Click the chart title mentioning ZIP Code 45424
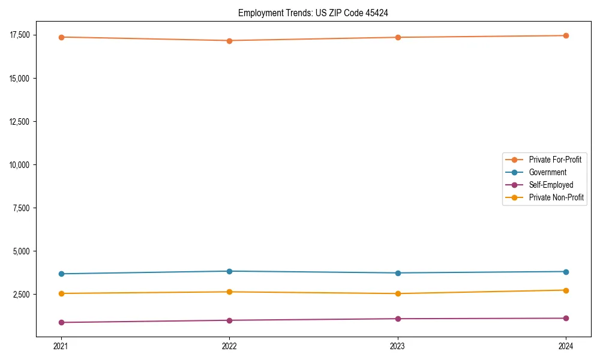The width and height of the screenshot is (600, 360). [x=313, y=13]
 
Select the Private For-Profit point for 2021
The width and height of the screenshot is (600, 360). [x=61, y=37]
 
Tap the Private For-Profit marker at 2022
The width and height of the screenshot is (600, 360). [x=229, y=41]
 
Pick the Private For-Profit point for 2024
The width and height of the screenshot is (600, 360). [x=566, y=35]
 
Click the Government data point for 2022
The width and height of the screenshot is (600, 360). [x=229, y=271]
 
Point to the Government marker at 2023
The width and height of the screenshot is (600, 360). [x=398, y=273]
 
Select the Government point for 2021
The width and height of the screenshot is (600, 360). [x=61, y=274]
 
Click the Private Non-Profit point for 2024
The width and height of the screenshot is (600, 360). [x=566, y=290]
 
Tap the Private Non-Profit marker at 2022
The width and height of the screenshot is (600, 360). [x=229, y=292]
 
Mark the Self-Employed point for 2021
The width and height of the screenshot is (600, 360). [x=61, y=323]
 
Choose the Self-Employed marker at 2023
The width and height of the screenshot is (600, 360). [x=398, y=319]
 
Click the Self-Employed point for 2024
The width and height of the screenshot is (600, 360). [x=566, y=318]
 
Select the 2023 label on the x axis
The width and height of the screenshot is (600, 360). [x=398, y=346]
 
